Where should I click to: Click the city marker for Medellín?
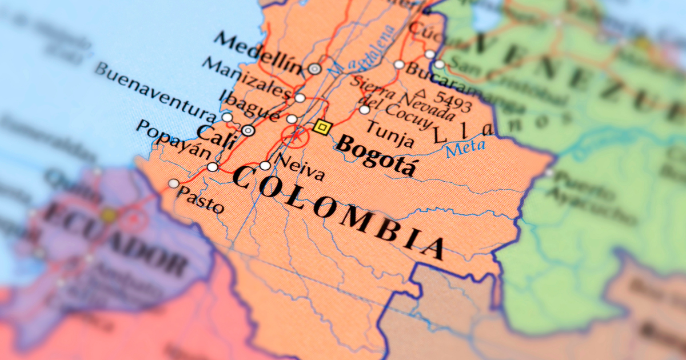314,69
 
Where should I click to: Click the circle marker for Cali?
248,130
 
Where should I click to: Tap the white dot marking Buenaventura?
227,118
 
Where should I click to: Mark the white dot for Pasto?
173,183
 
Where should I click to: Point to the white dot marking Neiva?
265,166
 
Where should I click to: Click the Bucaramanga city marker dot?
399,65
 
